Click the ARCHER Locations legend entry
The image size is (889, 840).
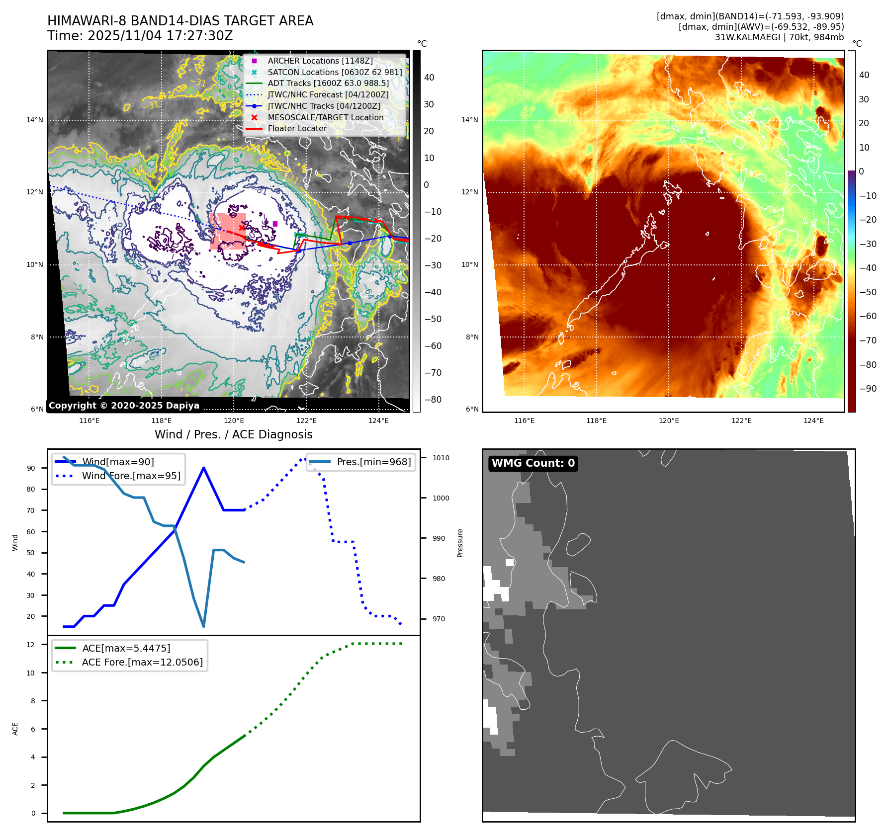320,61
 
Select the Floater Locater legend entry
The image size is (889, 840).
297,128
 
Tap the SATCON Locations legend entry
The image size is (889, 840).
334,72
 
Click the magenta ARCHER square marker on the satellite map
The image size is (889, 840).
275,224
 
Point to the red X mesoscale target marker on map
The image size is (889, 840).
242,228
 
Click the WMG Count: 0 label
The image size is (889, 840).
533,463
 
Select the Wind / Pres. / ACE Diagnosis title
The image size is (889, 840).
234,434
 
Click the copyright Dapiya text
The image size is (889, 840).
124,406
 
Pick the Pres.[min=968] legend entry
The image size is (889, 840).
373,462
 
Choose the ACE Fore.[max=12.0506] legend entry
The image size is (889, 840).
142,662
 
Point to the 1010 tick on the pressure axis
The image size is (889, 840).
441,458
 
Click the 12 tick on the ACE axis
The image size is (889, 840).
31,645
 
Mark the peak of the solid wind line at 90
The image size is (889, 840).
204,468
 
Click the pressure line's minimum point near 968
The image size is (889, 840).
204,626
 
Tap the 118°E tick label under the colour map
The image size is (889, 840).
596,420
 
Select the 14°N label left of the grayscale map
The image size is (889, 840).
35,120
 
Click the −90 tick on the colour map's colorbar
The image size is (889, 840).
868,389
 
